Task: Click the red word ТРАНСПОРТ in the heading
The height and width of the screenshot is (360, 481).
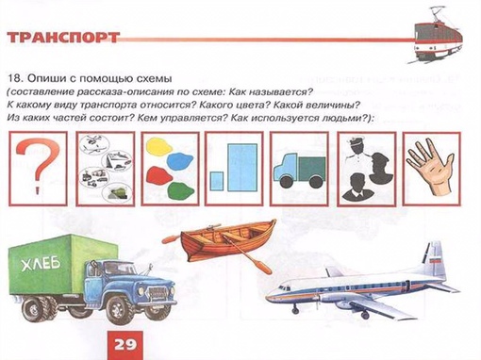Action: pos(63,38)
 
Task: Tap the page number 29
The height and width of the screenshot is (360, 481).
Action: pos(125,345)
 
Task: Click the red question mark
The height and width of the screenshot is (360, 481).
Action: pos(38,167)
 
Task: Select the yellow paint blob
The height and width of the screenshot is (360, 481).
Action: pos(159,146)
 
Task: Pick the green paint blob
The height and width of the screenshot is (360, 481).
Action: pos(181,189)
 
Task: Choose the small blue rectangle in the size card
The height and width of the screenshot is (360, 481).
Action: pos(217,181)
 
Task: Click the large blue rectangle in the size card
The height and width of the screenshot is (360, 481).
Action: pos(242,168)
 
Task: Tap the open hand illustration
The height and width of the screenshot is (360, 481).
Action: pos(430,168)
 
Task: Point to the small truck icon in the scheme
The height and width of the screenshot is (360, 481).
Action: pos(299,171)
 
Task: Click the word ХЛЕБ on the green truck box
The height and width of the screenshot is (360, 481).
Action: pos(41,263)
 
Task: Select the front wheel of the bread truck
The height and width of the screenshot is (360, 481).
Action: pos(120,310)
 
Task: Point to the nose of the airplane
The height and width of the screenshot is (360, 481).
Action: pos(271,297)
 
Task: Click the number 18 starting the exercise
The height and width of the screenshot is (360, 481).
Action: pos(15,78)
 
